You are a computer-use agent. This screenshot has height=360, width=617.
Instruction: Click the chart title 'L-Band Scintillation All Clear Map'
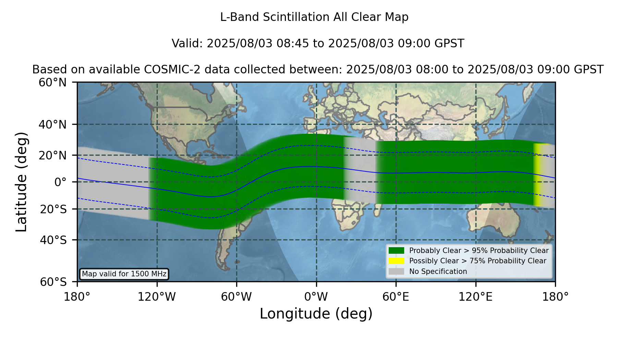(314, 17)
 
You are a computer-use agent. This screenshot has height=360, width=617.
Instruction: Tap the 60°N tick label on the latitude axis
(53, 83)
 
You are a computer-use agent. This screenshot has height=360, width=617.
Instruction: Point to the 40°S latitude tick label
(53, 240)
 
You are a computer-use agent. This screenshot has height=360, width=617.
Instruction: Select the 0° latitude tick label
(60, 182)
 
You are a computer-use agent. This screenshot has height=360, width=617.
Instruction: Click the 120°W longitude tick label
(157, 297)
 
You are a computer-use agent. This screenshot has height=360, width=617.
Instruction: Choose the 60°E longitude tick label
(396, 297)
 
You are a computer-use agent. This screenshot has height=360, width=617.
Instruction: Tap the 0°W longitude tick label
(316, 297)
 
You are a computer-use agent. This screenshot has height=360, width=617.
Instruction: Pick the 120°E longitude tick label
(475, 297)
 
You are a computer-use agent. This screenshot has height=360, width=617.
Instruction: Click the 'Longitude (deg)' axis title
(316, 314)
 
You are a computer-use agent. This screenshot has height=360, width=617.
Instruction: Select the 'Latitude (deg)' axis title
(22, 182)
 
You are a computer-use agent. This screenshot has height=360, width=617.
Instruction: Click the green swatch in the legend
(397, 250)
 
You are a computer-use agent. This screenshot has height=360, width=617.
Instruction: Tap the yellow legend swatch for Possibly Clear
(397, 261)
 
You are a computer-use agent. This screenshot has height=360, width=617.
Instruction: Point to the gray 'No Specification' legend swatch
(397, 272)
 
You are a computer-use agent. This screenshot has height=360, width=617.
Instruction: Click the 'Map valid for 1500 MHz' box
(124, 274)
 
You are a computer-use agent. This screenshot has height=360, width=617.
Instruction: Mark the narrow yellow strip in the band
(537, 175)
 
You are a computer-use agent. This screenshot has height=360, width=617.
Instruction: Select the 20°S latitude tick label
(53, 209)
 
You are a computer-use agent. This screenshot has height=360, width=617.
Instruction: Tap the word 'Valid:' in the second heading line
(187, 44)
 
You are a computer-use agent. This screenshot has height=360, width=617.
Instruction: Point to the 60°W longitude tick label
(236, 297)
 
